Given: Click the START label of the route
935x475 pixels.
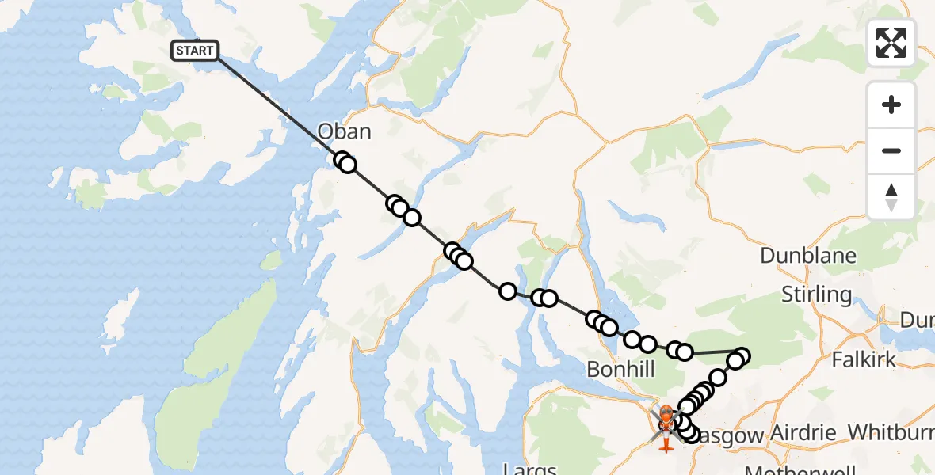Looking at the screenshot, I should pyautogui.click(x=194, y=51).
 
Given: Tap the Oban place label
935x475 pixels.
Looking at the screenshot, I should pyautogui.click(x=344, y=131).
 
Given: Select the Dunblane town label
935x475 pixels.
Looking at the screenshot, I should pyautogui.click(x=807, y=256).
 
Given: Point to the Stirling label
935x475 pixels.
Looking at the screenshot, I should pyautogui.click(x=816, y=295).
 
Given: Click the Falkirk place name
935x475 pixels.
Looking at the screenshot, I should pyautogui.click(x=864, y=359).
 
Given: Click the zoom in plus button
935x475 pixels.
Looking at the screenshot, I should pyautogui.click(x=891, y=105).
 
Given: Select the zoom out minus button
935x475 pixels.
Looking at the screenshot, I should pyautogui.click(x=891, y=150).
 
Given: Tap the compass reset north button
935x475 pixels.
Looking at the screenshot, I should pyautogui.click(x=891, y=196).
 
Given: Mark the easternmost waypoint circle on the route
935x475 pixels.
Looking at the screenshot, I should pyautogui.click(x=742, y=356).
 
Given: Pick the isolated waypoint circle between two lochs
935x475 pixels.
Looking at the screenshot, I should pyautogui.click(x=507, y=291).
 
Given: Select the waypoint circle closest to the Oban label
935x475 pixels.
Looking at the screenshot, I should pyautogui.click(x=342, y=161).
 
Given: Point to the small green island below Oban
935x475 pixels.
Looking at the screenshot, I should pyautogui.click(x=271, y=260).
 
